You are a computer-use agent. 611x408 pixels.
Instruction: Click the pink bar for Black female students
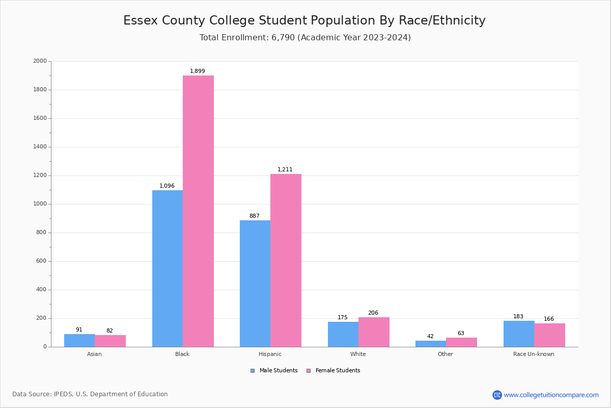click(199, 211)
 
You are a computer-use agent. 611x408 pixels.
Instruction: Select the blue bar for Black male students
click(168, 268)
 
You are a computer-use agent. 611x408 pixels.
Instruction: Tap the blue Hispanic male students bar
click(255, 284)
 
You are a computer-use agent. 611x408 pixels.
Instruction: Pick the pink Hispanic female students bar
click(286, 260)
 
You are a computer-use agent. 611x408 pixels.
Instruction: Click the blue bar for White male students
click(343, 334)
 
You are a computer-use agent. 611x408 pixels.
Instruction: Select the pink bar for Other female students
click(461, 342)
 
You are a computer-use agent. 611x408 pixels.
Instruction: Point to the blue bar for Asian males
click(79, 340)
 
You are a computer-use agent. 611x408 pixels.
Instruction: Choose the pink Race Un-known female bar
click(549, 335)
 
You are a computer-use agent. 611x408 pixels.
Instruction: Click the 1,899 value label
click(198, 71)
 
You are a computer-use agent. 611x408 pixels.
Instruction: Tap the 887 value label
click(255, 216)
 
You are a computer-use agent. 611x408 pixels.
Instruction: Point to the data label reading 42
click(430, 337)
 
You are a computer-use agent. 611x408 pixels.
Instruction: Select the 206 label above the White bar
click(373, 313)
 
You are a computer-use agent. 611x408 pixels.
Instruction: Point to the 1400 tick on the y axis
click(40, 147)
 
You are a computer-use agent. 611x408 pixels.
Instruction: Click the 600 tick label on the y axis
click(41, 261)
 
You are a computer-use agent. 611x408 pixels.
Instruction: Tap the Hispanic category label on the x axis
click(270, 354)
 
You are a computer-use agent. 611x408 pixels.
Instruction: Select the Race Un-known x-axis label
click(534, 354)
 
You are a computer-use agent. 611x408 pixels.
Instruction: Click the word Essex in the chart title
click(139, 21)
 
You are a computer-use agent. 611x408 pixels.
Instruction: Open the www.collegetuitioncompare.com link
click(551, 395)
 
